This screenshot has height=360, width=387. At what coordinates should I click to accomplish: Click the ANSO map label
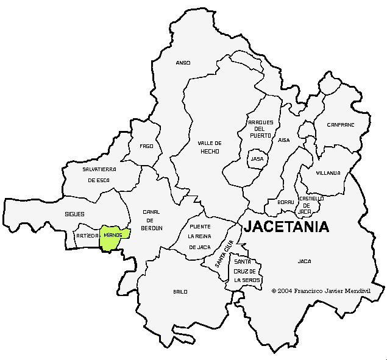tap(183, 63)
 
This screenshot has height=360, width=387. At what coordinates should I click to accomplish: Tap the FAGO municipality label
tap(146, 146)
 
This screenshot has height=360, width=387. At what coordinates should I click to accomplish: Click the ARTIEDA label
tap(87, 235)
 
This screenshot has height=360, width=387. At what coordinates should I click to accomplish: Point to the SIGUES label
tap(74, 214)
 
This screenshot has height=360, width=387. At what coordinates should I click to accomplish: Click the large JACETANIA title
tap(286, 227)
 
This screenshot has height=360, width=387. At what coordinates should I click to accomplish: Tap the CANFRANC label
tap(340, 124)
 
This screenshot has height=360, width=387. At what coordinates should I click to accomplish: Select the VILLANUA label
tap(328, 173)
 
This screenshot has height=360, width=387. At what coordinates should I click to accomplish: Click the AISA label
tap(284, 140)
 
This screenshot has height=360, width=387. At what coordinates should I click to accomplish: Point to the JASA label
tap(257, 158)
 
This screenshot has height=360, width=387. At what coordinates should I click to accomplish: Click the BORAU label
tap(286, 202)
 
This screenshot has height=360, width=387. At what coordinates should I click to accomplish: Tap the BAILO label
tap(180, 292)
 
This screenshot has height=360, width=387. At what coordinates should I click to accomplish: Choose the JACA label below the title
tap(304, 261)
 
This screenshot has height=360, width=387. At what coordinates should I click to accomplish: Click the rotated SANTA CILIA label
tap(225, 255)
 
